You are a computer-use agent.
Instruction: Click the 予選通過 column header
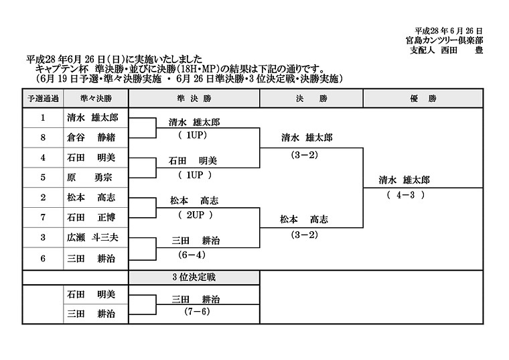click(x=43, y=99)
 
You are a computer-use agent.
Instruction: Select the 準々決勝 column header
click(x=96, y=99)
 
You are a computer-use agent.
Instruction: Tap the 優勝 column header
click(x=423, y=99)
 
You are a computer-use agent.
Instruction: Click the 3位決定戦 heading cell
click(x=194, y=278)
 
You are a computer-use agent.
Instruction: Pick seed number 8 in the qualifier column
click(x=43, y=137)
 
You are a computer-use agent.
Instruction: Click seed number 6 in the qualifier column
click(x=43, y=259)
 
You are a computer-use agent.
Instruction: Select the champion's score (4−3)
click(x=406, y=195)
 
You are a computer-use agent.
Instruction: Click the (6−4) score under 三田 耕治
click(x=192, y=255)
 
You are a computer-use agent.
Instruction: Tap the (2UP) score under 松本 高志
click(x=196, y=215)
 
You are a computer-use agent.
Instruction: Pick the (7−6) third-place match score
click(x=197, y=312)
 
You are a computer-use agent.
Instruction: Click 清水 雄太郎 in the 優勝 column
click(x=404, y=180)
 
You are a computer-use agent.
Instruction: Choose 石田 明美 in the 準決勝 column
click(x=193, y=161)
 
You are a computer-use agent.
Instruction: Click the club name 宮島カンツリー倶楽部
click(x=445, y=40)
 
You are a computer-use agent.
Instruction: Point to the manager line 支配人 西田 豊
click(x=446, y=50)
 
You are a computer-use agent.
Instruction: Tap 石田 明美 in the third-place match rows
click(x=91, y=294)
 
